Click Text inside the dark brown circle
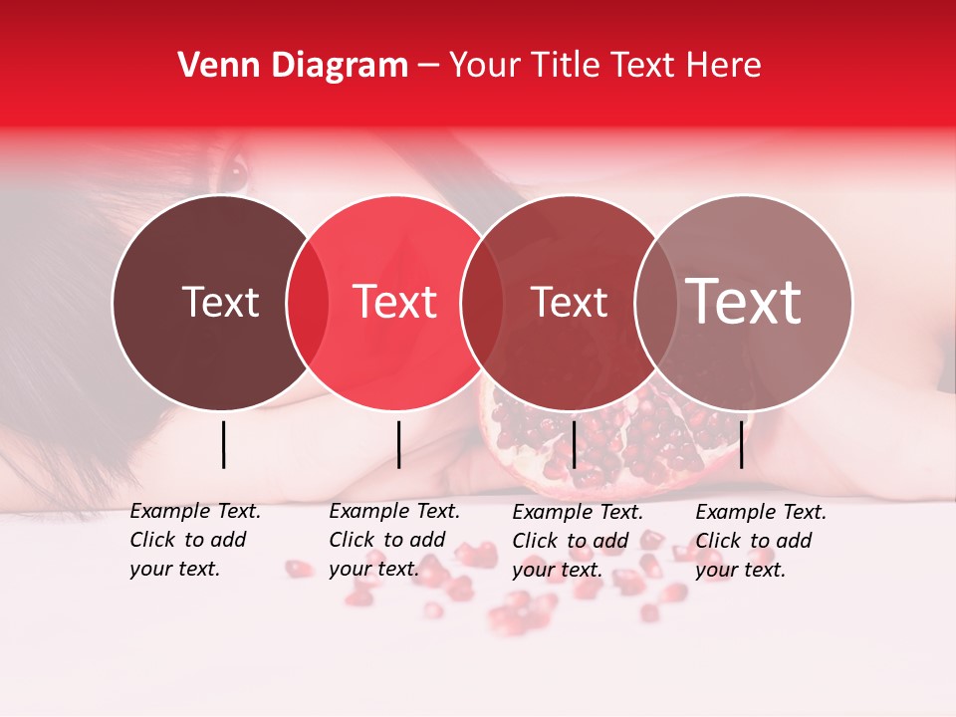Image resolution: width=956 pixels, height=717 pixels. pos(220,302)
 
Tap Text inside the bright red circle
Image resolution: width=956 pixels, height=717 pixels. pos(395,302)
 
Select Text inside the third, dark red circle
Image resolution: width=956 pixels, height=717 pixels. pos(570,302)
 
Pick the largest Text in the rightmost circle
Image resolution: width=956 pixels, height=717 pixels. pos(744,302)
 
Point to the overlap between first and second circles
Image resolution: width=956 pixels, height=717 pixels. pos(308,303)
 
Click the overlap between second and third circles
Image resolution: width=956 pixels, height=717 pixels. pos(482,303)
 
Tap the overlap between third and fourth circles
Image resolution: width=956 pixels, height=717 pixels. pos(654,303)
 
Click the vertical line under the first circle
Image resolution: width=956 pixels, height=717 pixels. pos(223,444)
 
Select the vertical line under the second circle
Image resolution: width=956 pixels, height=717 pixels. pos(398,444)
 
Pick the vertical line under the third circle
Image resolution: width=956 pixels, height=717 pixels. pos(574,444)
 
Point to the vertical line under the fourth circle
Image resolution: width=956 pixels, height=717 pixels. pos(742,444)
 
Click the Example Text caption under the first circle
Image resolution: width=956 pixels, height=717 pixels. pos(194,540)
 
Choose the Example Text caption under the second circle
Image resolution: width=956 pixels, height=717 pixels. pos(393,540)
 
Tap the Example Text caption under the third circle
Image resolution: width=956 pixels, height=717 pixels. pos(577,540)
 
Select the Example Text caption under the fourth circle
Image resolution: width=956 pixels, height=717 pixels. pos(760,540)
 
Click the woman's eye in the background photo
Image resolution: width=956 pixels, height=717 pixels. pos(232,171)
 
